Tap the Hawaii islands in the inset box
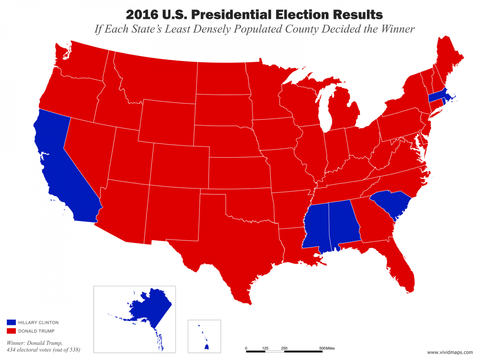point(207,347)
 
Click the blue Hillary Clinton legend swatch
point(11,322)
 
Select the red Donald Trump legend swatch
point(11,331)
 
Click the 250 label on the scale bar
point(284,348)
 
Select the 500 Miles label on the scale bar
point(327,348)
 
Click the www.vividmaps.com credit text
point(450,352)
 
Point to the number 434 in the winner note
point(11,350)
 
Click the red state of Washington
point(84,62)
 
